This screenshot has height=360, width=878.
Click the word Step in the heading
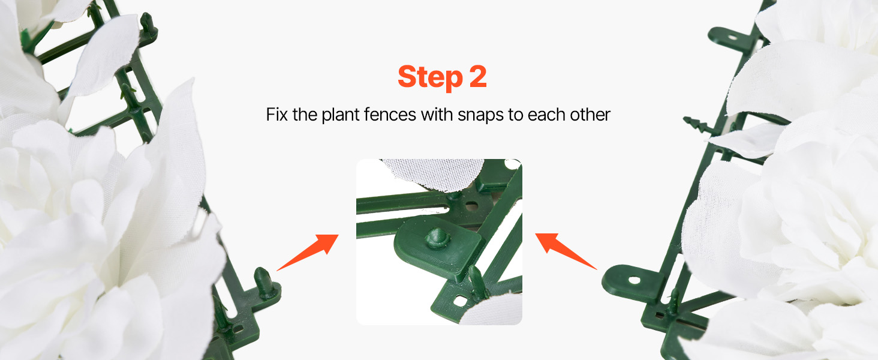point(430,77)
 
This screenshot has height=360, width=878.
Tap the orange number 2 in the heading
point(478,76)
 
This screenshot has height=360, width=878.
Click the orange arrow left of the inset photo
point(308,252)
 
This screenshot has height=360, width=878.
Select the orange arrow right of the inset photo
point(566,251)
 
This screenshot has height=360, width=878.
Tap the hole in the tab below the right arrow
point(634,280)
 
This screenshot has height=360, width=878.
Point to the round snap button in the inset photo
point(437,238)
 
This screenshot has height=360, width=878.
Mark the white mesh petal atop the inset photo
point(433,175)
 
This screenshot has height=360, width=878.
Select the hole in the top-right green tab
point(732,38)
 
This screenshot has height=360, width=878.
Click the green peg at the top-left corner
point(148,24)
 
